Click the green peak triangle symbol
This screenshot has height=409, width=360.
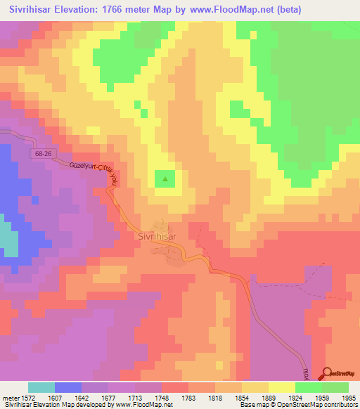[165, 179]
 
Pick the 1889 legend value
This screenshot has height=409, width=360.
[256, 397]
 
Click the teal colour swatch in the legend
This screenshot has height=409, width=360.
[41, 387]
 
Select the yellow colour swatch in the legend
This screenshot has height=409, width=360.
[282, 387]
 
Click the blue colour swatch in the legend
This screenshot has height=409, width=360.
[68, 387]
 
